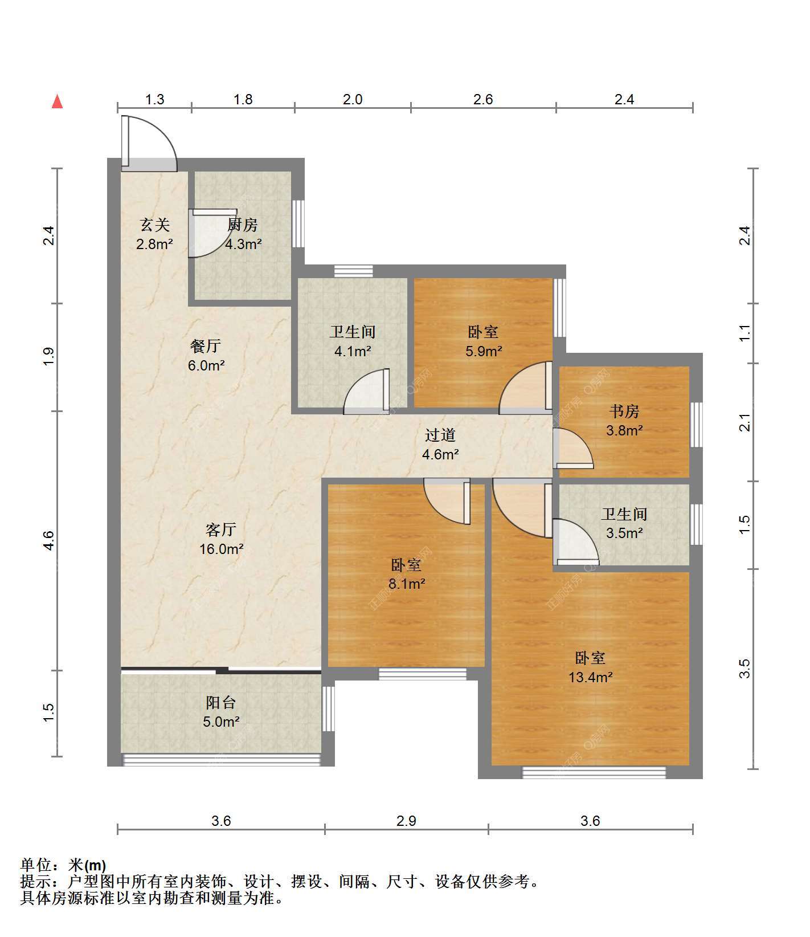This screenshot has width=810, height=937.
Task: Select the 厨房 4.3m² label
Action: click(243, 234)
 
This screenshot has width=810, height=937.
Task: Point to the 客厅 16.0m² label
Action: click(222, 539)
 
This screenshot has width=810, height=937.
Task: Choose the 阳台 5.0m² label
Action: click(221, 712)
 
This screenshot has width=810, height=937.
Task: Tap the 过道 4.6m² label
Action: click(440, 445)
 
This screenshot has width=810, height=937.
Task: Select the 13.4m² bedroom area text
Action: click(591, 677)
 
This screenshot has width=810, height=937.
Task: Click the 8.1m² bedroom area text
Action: click(407, 584)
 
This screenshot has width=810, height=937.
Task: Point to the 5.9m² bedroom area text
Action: click(484, 351)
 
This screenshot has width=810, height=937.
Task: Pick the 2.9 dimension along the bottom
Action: click(406, 821)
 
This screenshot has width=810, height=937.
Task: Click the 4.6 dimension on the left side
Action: click(48, 540)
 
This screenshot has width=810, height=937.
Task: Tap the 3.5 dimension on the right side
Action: click(744, 669)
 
